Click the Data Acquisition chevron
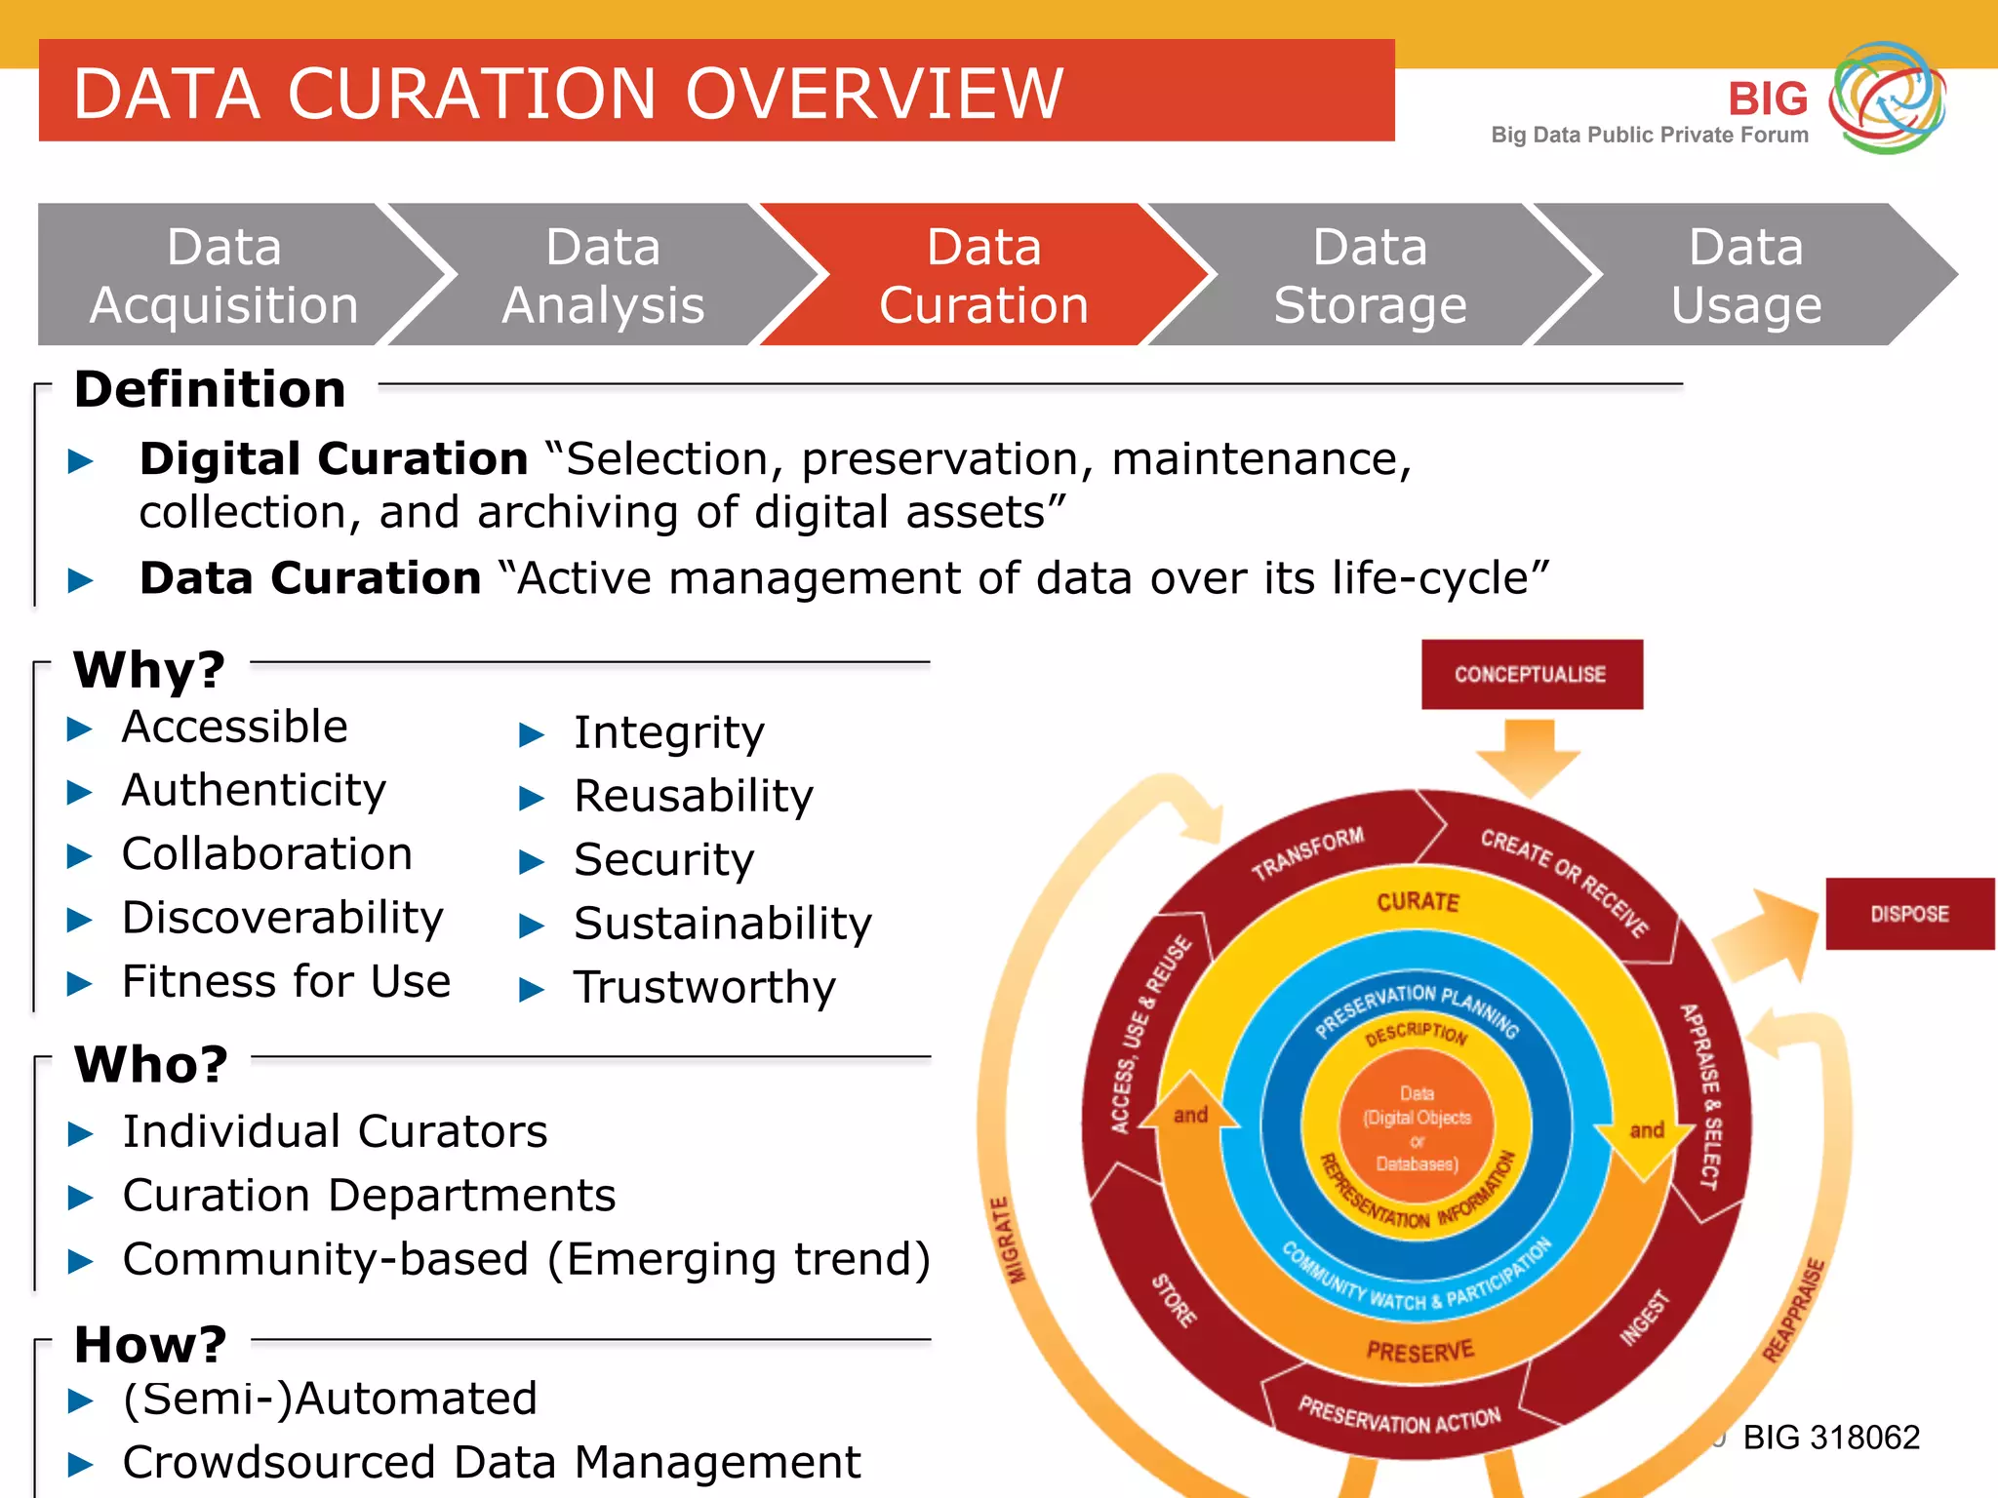click(224, 275)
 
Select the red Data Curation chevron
click(983, 275)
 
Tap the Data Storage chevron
click(1370, 275)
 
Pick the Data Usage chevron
click(1745, 275)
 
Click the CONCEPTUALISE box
click(1531, 674)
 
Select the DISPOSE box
click(1909, 914)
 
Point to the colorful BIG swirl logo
click(1887, 98)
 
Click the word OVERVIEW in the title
click(874, 94)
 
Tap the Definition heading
click(210, 389)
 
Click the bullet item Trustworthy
click(704, 987)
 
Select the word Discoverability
click(282, 918)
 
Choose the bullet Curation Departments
click(369, 1195)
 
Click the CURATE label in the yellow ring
click(1418, 901)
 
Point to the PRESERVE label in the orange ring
click(1419, 1351)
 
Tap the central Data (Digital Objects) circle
click(1417, 1127)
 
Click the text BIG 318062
click(1830, 1438)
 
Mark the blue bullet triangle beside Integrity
click(532, 734)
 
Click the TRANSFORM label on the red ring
click(1307, 853)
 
